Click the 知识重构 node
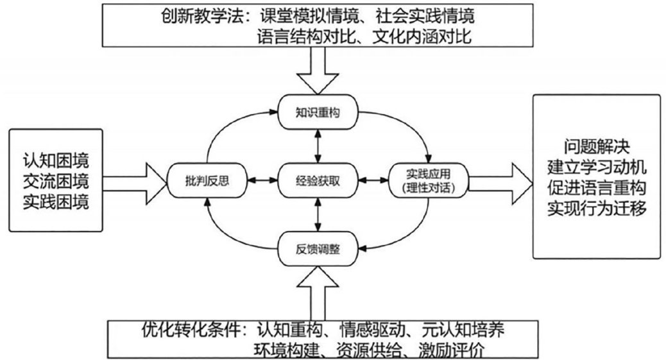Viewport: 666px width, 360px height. [x=318, y=113]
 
